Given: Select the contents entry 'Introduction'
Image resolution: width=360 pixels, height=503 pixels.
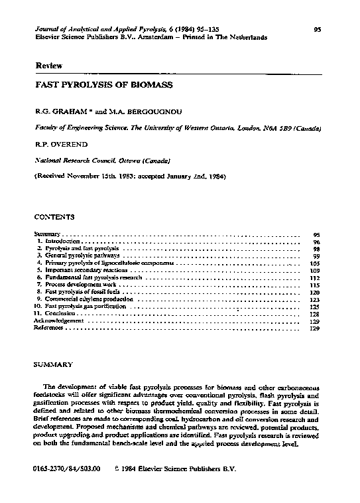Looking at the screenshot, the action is [63, 242].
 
